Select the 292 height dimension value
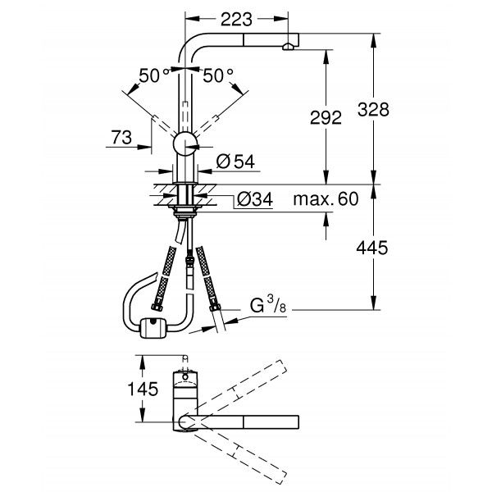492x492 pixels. click(326, 118)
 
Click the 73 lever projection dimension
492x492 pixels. click(121, 140)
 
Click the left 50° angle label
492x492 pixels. click(153, 75)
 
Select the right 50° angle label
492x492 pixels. click(218, 75)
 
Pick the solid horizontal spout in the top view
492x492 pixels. click(246, 421)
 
